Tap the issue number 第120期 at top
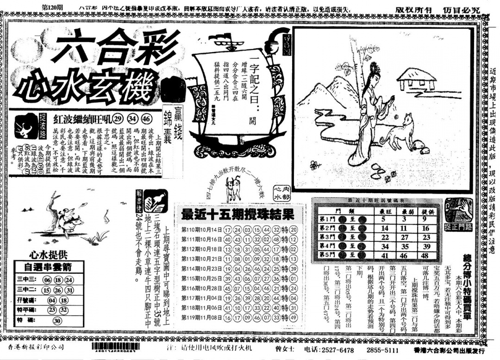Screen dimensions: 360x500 pyautogui.click(x=52, y=8)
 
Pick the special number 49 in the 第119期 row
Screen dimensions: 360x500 pyautogui.click(x=293, y=318)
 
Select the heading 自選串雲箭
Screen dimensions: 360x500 pyautogui.click(x=48, y=267)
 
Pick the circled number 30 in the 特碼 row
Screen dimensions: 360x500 pyautogui.click(x=58, y=321)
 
